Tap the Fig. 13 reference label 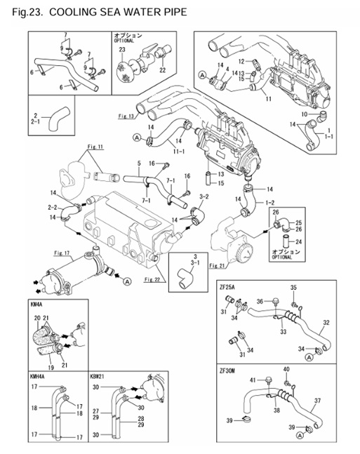[126, 115]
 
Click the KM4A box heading [37, 306]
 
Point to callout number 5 [140, 164]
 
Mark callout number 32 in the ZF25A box [326, 324]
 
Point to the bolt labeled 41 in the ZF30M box [269, 380]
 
